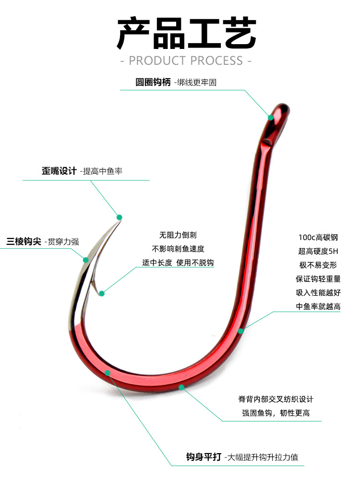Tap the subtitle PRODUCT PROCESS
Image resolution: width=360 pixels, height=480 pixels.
(186, 60)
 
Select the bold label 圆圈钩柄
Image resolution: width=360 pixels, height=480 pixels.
(153, 82)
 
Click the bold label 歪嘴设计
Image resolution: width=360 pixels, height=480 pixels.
(59, 171)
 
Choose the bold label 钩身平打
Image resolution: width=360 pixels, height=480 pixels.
(203, 457)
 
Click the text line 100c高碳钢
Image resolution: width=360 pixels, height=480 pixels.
(318, 237)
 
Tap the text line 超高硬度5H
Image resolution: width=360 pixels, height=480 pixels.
(318, 251)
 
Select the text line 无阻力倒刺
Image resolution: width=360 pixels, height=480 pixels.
(178, 235)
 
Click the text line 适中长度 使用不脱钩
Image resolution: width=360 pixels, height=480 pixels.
(178, 263)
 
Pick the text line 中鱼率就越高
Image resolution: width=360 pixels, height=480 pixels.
(318, 306)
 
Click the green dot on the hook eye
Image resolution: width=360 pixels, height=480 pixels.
(271, 117)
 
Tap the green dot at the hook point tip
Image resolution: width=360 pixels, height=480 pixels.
(120, 217)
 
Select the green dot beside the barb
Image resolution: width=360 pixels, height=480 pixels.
(101, 293)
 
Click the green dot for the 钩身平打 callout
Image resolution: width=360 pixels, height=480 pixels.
(108, 373)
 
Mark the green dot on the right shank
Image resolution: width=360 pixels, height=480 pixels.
(241, 330)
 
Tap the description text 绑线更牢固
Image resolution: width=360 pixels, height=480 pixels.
(197, 82)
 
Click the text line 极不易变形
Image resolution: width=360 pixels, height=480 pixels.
(318, 265)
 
